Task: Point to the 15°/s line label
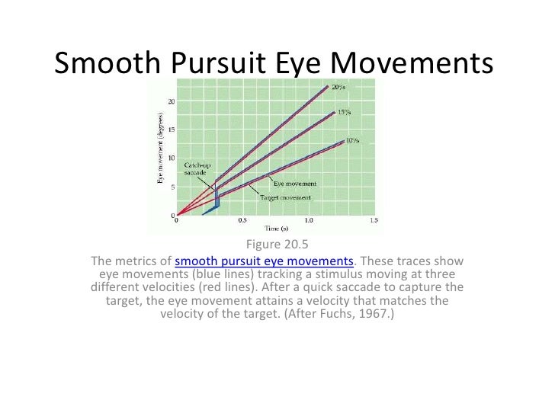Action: click(x=345, y=112)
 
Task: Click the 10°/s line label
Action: click(x=353, y=140)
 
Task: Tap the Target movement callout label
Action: click(x=285, y=197)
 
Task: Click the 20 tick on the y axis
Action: click(x=172, y=102)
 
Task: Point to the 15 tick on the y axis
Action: click(x=172, y=130)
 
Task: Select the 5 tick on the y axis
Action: click(x=173, y=186)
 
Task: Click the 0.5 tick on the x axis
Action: click(x=242, y=221)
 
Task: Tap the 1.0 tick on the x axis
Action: click(x=308, y=221)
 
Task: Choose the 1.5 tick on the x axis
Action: click(x=374, y=221)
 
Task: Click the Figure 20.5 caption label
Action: click(x=277, y=245)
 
